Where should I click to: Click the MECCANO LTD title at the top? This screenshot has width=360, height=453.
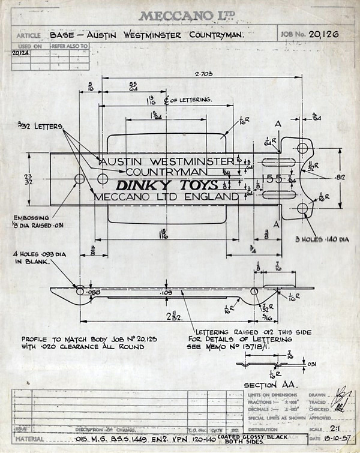click(x=180, y=16)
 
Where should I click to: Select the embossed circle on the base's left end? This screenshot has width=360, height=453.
click(x=79, y=179)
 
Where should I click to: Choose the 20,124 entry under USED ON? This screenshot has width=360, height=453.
click(x=22, y=52)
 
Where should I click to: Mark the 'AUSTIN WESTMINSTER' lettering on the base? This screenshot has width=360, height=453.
click(x=164, y=161)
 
